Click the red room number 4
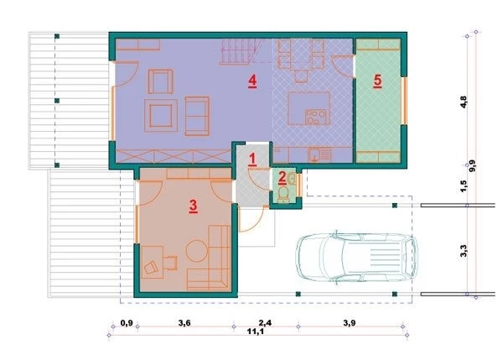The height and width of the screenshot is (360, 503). (x=252, y=81)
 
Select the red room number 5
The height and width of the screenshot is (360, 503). (x=377, y=81)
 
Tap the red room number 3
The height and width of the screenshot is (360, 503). (x=193, y=206)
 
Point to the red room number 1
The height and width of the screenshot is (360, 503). (x=252, y=159)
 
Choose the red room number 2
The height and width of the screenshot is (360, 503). (x=283, y=178)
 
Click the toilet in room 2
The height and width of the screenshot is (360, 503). (x=283, y=195)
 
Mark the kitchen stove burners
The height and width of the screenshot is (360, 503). (x=316, y=117)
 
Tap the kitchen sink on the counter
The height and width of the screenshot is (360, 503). (x=319, y=154)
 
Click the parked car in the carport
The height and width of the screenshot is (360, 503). (x=356, y=258)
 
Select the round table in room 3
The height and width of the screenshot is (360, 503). (x=197, y=251)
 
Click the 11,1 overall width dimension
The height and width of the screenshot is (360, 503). (x=256, y=331)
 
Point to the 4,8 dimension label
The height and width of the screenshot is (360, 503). (x=464, y=102)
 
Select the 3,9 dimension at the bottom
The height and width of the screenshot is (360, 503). (x=349, y=323)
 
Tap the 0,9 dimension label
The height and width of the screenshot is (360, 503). (x=127, y=323)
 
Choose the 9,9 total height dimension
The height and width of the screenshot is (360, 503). (x=473, y=166)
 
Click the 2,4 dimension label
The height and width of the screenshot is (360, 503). (x=265, y=323)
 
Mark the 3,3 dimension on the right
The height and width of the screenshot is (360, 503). (x=464, y=251)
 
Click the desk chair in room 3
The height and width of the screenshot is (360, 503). (x=151, y=267)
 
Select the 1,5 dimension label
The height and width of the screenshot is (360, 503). (x=464, y=186)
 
